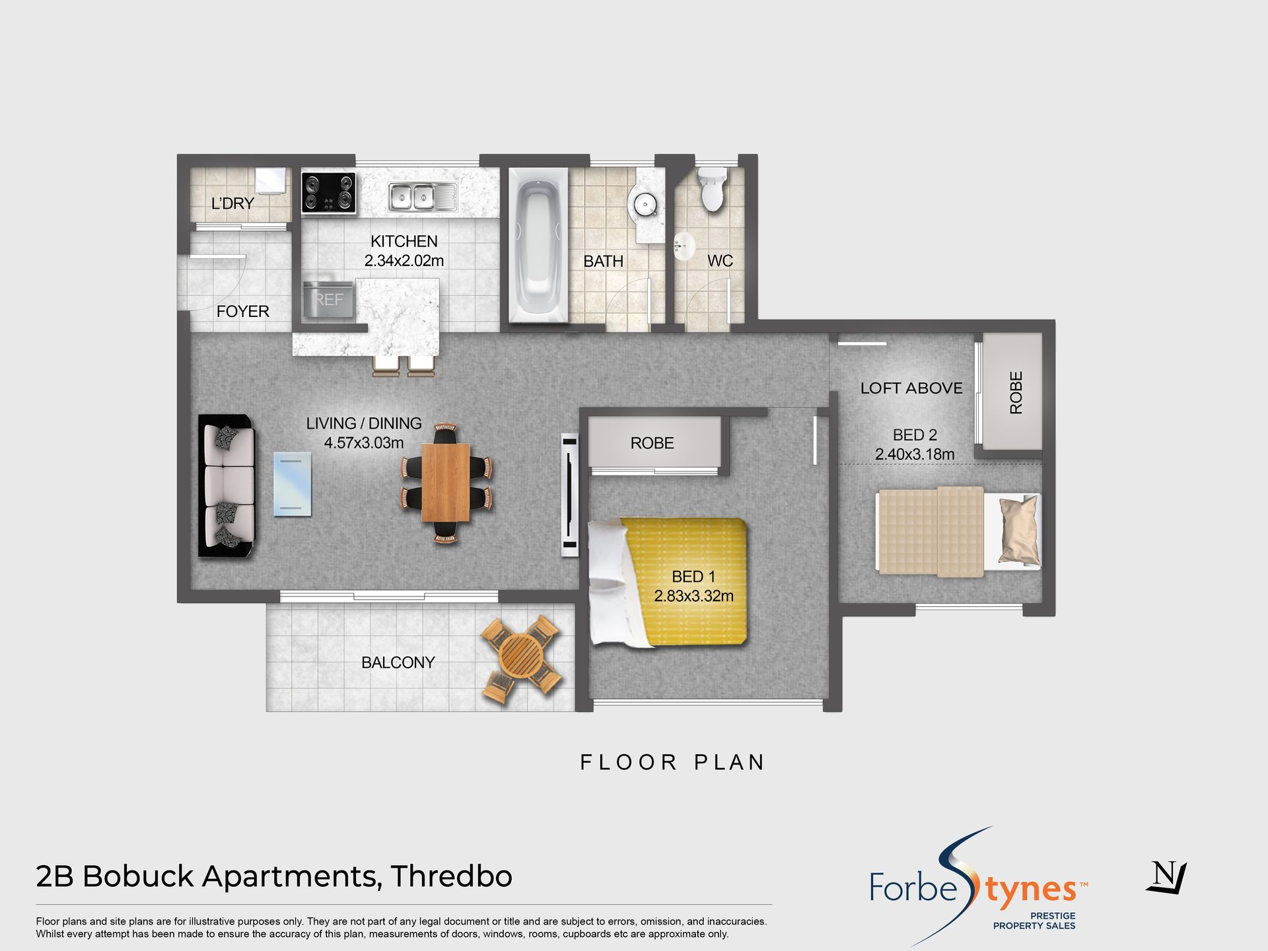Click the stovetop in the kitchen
(x=329, y=193)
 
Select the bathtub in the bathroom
(x=538, y=246)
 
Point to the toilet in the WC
(x=712, y=188)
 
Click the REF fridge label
(x=329, y=300)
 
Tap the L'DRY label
(x=232, y=203)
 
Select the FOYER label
(x=243, y=311)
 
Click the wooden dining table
(x=446, y=482)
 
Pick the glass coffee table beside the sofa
(x=293, y=484)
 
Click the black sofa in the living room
(x=227, y=487)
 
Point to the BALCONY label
(x=398, y=662)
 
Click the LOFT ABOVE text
(x=911, y=388)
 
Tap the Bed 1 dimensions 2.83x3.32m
(x=693, y=596)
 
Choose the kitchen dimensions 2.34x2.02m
(x=404, y=261)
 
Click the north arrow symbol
(x=1167, y=877)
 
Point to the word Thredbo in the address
(x=451, y=876)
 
